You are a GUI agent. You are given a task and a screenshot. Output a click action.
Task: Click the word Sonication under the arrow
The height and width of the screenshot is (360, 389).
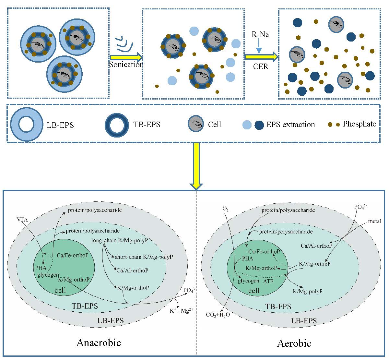coord(126,64)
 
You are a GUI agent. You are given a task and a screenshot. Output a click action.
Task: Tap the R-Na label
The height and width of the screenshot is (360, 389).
coord(260,34)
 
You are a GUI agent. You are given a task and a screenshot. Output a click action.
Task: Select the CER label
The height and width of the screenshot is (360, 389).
coord(261,67)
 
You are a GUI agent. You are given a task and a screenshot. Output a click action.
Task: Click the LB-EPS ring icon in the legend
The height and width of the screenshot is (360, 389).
coord(26,124)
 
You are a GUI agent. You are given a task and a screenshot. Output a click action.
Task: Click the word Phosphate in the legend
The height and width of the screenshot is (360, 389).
coord(360,124)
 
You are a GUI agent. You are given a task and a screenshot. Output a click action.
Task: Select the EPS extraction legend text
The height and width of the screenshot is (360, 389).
coord(291,125)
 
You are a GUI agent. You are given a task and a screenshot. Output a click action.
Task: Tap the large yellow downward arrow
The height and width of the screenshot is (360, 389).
coord(196,165)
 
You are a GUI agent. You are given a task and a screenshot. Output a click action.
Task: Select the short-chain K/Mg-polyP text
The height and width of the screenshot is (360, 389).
coord(144,257)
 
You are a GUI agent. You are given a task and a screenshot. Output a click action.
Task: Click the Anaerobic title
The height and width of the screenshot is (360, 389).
coord(99,342)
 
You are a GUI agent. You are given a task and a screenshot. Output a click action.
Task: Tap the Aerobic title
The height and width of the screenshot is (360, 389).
coord(294,343)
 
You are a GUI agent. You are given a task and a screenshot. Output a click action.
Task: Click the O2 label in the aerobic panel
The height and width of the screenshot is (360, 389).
coord(226,209)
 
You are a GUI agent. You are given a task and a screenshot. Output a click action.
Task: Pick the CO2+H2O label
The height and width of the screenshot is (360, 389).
coord(218,315)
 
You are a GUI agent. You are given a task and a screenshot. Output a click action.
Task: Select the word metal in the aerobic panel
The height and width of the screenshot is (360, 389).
coord(374,222)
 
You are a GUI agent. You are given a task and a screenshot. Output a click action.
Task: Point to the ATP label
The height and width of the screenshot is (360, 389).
coord(268,281)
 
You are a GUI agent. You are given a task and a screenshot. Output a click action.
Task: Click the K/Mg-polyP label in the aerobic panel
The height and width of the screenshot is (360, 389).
coord(307,291)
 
